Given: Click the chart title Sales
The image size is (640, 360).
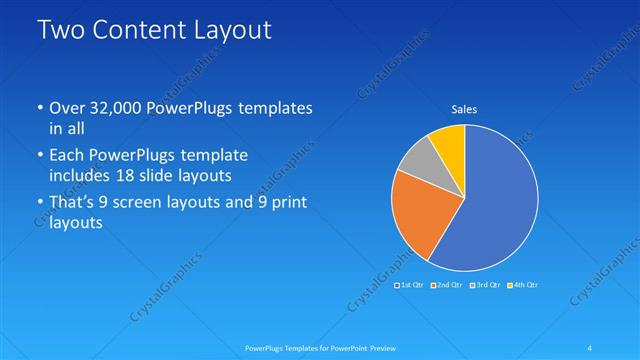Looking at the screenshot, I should pos(464,110).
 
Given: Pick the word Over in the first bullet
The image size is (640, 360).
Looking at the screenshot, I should pos(67,107).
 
